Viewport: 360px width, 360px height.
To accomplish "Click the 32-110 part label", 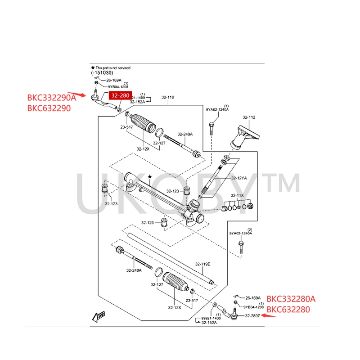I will (167, 97).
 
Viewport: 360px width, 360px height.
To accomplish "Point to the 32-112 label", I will (249, 117).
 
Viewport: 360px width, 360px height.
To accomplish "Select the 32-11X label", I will (237, 195).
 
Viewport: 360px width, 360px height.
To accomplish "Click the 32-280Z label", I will (253, 316).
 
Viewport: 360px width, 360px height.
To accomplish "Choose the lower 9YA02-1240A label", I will (240, 234).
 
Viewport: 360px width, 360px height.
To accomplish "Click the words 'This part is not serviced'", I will (112, 68).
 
